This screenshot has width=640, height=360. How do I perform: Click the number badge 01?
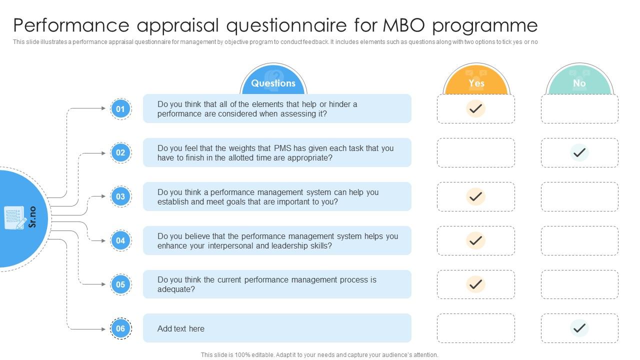click(x=120, y=108)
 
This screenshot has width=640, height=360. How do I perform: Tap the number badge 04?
click(x=120, y=240)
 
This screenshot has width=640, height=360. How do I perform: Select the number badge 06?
click(x=120, y=328)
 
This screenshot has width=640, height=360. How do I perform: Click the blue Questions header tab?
click(x=273, y=82)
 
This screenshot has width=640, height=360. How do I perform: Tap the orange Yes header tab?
click(x=476, y=82)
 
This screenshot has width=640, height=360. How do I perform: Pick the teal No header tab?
click(x=579, y=82)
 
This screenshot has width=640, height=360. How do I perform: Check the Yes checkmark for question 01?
click(x=476, y=108)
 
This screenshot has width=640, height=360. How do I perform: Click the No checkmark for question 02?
click(x=579, y=152)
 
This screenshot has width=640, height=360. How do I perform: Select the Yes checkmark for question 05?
click(x=476, y=284)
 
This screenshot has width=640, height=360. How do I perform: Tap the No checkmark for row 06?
click(x=579, y=328)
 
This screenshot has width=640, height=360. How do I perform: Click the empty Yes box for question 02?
click(x=476, y=152)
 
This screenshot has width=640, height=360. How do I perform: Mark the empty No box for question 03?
click(x=579, y=196)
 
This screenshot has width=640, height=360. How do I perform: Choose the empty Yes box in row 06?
click(x=476, y=328)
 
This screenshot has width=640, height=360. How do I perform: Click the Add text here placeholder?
click(x=181, y=328)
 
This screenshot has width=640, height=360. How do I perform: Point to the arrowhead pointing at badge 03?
click(x=104, y=196)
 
